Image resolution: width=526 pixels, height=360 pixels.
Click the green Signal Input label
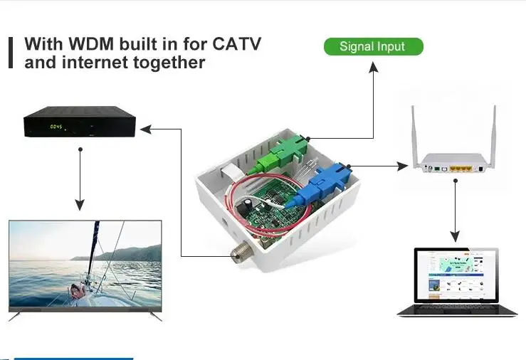pyautogui.click(x=373, y=47)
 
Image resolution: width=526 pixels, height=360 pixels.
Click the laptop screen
pyautogui.click(x=456, y=277)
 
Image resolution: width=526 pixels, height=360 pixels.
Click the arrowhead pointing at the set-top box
pyautogui.click(x=144, y=129)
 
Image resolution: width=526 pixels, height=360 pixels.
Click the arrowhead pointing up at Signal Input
pyautogui.click(x=373, y=65)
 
